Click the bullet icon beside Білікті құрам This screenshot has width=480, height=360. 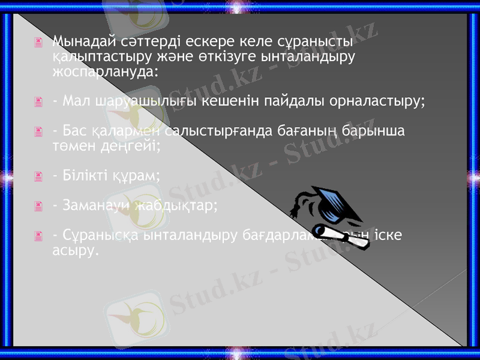(x=39, y=176)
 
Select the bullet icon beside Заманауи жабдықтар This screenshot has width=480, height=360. (x=39, y=207)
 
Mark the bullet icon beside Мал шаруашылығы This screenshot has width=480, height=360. (x=39, y=103)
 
